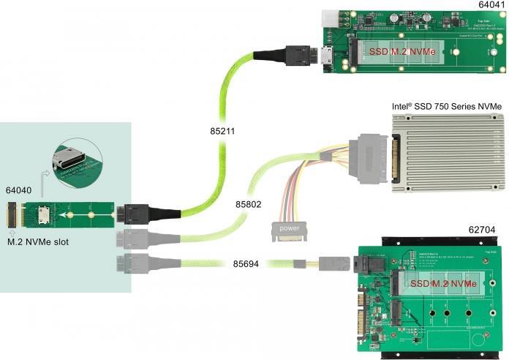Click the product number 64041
coord(486,6)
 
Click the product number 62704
coord(483,230)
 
